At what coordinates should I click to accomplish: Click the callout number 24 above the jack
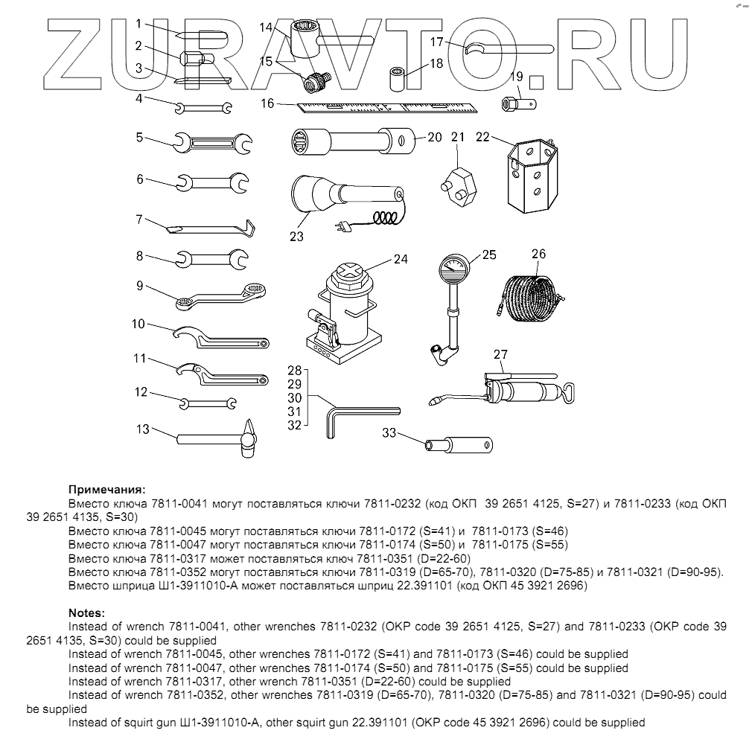[401, 260]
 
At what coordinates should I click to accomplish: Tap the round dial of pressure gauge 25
[454, 267]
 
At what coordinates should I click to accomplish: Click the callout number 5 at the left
[138, 136]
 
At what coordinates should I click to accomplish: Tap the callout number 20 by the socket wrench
[434, 137]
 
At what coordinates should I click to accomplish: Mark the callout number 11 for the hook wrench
[138, 359]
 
